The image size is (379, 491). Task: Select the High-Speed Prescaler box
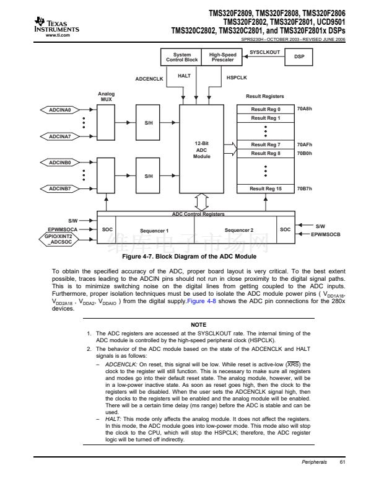(222, 58)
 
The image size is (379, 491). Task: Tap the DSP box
(298, 58)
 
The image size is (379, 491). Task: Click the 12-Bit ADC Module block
(202, 150)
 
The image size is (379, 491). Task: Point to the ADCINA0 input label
(60, 110)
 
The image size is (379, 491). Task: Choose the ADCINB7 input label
(60, 188)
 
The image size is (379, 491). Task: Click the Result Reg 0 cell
(265, 109)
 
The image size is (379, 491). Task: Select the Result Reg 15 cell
(265, 188)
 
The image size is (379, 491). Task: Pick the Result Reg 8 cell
(265, 153)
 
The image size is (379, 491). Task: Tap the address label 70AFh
(305, 144)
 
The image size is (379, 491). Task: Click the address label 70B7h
(305, 188)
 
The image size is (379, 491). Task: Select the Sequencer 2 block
(239, 230)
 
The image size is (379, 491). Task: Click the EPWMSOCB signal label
(326, 234)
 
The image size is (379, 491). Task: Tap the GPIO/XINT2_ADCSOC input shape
(60, 239)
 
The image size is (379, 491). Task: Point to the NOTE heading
(198, 324)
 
